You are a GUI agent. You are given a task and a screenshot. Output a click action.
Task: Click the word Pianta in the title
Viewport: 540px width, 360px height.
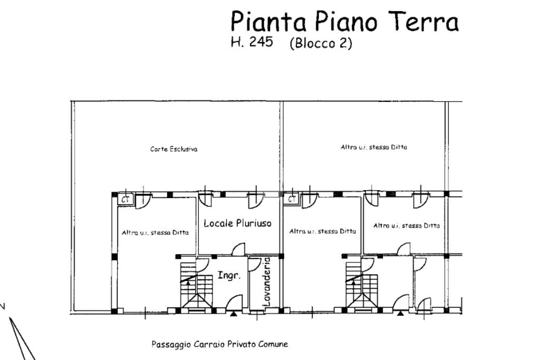click(x=268, y=21)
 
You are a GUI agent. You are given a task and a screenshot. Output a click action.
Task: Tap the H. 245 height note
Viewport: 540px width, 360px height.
click(x=252, y=42)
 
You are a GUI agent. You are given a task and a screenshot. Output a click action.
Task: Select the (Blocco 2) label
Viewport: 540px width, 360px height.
click(x=321, y=43)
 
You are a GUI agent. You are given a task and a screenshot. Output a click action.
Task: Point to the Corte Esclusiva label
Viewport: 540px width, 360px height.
click(x=174, y=149)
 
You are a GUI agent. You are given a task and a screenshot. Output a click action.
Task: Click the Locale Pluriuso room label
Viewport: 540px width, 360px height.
click(x=238, y=223)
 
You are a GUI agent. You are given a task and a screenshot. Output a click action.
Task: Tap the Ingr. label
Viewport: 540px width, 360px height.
click(x=229, y=275)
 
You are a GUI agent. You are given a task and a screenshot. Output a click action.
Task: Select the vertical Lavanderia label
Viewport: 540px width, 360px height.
click(x=267, y=282)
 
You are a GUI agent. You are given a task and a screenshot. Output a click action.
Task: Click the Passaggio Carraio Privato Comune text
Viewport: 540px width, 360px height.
click(x=220, y=344)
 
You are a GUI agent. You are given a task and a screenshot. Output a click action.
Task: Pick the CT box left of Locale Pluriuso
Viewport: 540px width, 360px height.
click(x=125, y=199)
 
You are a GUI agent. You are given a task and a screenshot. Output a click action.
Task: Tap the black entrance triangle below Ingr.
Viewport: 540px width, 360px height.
click(x=234, y=314)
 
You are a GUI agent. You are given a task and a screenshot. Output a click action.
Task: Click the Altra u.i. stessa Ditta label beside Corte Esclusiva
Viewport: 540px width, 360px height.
click(x=374, y=147)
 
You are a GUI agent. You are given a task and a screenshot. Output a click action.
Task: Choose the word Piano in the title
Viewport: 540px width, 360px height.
click(x=346, y=21)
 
